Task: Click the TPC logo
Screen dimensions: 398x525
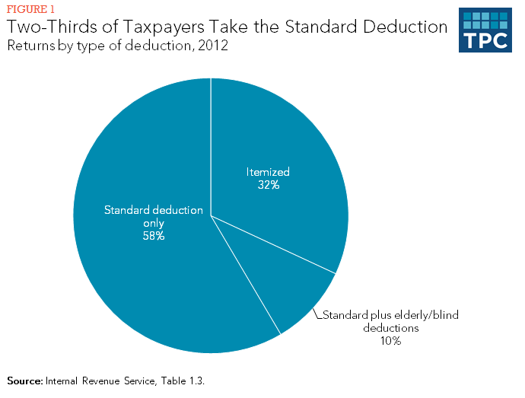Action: coord(485,31)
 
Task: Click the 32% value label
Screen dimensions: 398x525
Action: coord(268,185)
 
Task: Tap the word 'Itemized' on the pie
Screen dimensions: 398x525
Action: coord(268,172)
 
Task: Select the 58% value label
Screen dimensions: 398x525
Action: coord(154,236)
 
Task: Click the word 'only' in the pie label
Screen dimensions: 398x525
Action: coord(154,223)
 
